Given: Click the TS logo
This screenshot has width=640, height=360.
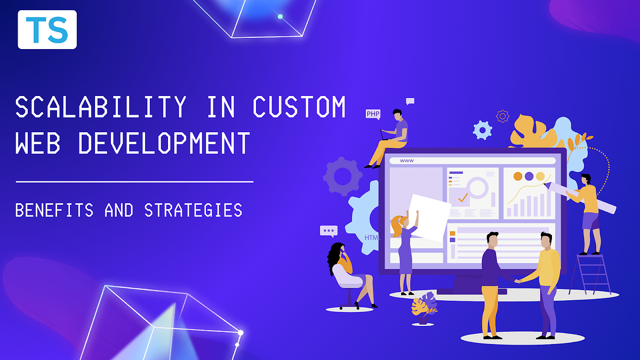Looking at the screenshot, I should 47,30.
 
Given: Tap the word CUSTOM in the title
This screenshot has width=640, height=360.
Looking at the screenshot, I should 299,107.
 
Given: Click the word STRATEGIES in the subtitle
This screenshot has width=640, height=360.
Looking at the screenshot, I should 193,210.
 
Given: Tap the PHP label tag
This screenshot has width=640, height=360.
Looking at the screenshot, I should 373,114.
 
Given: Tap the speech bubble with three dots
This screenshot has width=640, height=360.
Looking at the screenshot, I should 329,231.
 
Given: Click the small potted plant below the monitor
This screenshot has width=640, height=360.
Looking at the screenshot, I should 425,309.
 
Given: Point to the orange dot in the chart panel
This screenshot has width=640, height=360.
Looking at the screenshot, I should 517,176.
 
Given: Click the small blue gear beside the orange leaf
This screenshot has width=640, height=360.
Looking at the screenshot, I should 482,130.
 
